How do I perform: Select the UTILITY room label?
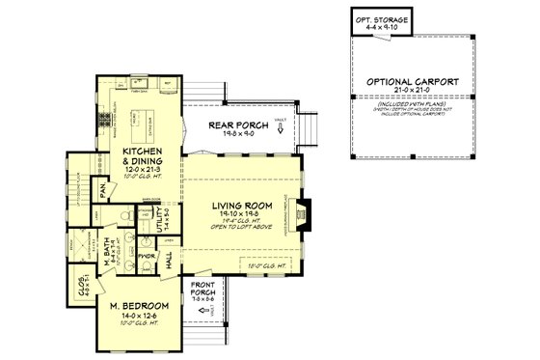166,222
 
